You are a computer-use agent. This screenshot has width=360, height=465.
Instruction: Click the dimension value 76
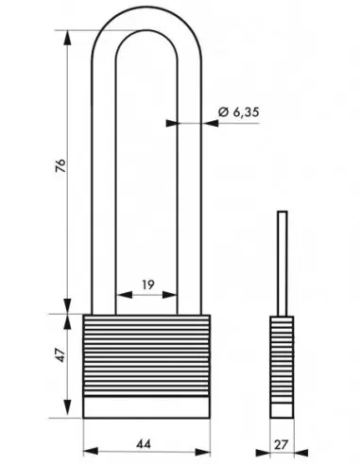[x=61, y=165]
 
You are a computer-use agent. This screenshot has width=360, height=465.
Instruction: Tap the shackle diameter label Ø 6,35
[x=239, y=112]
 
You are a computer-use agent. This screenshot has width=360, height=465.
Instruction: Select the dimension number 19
[x=148, y=284]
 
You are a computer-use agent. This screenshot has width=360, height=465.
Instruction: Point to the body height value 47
[x=60, y=355]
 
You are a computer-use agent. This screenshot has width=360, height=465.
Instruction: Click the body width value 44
[x=144, y=444]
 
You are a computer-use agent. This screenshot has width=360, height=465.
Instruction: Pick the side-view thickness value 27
[x=281, y=445]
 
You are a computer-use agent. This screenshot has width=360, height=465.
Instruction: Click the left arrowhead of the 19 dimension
[x=124, y=295]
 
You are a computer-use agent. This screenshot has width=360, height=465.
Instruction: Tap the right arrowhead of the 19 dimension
[x=169, y=295]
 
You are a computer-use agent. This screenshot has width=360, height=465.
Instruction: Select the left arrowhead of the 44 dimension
[x=91, y=452]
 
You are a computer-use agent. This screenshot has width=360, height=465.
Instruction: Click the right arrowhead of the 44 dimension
[x=202, y=452]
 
